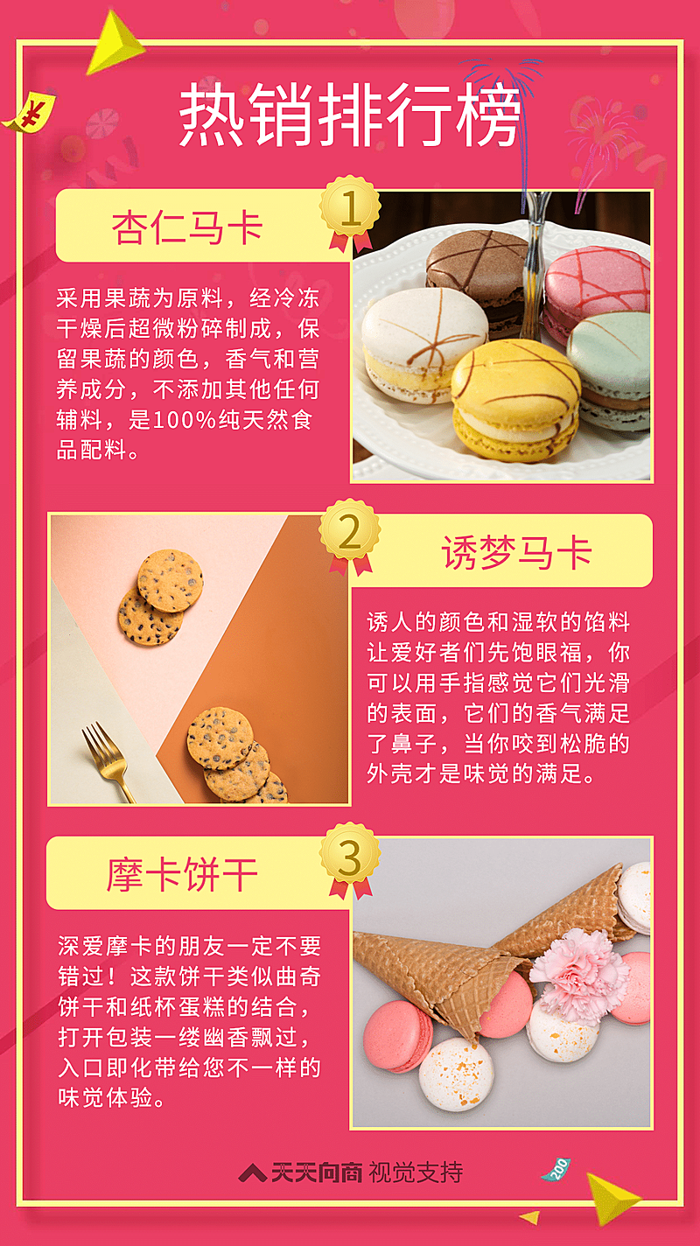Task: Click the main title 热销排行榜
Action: [350, 115]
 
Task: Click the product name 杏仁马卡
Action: [187, 228]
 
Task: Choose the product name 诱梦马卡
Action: [517, 552]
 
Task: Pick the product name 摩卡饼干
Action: [183, 875]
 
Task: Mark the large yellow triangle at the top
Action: [114, 44]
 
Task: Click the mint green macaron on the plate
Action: [612, 367]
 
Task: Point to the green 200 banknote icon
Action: [556, 1169]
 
